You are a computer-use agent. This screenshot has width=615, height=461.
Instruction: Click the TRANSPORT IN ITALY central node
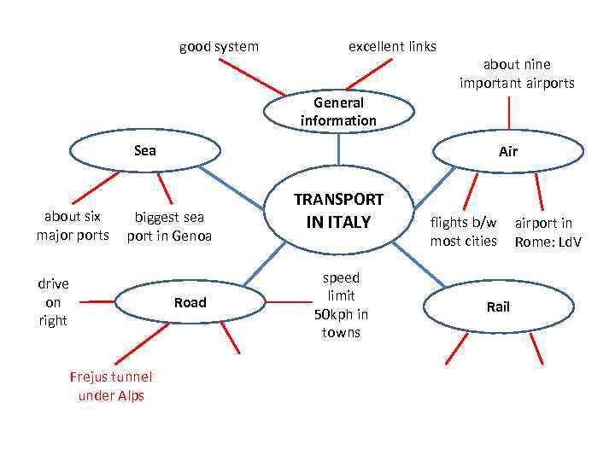point(339,211)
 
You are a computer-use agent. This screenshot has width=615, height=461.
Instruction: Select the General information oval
point(338,112)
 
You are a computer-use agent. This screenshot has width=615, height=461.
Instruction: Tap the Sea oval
point(145,151)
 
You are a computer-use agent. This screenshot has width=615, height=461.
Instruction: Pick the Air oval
point(509,152)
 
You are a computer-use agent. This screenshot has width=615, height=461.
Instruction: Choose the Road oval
point(190,302)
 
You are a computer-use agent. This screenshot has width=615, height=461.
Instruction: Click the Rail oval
point(497,306)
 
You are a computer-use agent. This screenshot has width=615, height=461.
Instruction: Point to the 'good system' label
point(219,46)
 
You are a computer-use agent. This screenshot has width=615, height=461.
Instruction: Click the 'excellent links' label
point(392,46)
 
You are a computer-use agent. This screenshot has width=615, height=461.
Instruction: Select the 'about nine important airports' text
point(517,73)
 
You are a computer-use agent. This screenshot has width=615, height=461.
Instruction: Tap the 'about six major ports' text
point(73,225)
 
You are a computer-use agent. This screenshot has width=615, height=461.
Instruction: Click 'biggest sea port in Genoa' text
point(169,226)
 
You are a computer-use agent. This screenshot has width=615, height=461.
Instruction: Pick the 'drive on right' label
point(53,302)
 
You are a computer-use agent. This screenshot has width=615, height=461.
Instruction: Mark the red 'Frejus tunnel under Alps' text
point(111,386)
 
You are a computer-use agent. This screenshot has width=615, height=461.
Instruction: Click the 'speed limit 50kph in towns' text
point(341,305)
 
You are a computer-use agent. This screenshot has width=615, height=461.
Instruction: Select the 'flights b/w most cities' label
point(463,231)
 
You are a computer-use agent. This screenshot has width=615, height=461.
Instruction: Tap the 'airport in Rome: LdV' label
point(548,232)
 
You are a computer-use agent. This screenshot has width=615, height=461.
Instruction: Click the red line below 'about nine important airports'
point(509,114)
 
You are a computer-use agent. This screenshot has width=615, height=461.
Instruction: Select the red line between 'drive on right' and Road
point(96,301)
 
